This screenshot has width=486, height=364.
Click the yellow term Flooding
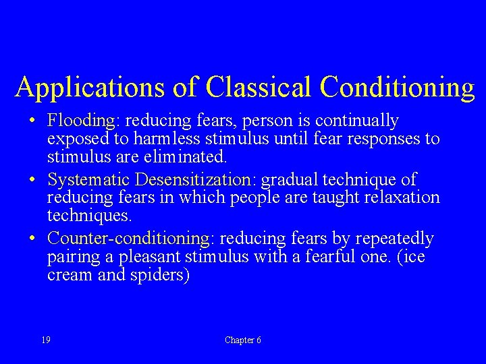pyautogui.click(x=82, y=121)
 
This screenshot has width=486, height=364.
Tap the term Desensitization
pyautogui.click(x=192, y=180)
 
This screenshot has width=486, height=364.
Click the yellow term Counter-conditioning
pyautogui.click(x=128, y=239)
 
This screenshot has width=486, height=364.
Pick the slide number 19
pyautogui.click(x=45, y=340)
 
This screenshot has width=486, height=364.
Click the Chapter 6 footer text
pyautogui.click(x=243, y=340)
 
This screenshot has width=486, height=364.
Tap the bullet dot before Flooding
pyautogui.click(x=33, y=122)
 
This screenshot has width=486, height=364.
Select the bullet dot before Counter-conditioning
pyautogui.click(x=33, y=239)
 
